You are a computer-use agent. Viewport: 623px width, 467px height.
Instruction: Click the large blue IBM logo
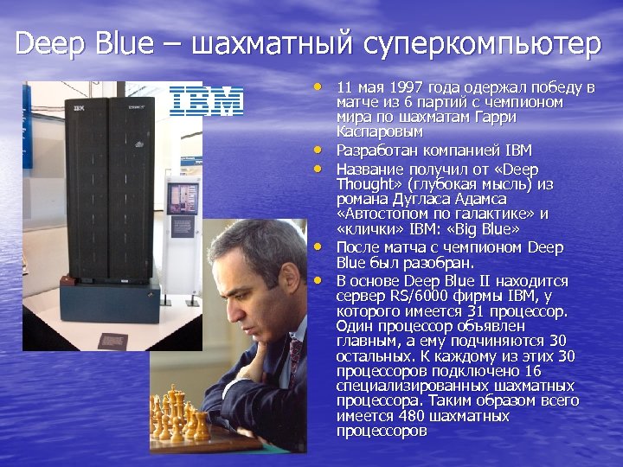[205, 100]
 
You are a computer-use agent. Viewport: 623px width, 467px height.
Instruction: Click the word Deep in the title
[45, 43]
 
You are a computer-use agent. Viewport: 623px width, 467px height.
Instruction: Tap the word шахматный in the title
[271, 43]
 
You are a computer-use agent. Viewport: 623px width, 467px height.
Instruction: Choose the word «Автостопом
[379, 214]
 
